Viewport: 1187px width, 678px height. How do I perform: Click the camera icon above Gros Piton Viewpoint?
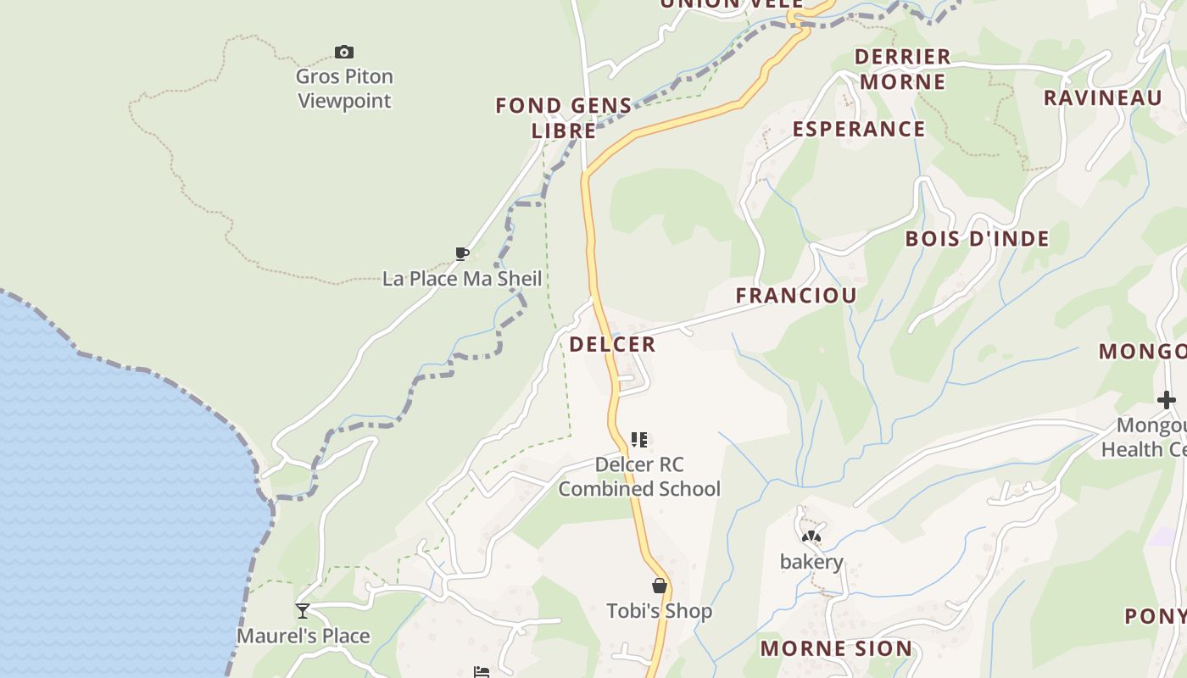(343, 53)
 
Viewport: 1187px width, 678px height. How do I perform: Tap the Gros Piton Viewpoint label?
(344, 88)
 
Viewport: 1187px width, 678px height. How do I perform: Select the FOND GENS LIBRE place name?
(564, 118)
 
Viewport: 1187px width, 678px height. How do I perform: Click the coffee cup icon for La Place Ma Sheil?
(462, 253)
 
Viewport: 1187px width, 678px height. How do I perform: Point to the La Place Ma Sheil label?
(462, 279)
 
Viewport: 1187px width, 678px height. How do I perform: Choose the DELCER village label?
(612, 344)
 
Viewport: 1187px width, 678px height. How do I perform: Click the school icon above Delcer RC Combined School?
(639, 440)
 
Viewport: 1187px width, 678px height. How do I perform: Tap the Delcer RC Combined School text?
(639, 476)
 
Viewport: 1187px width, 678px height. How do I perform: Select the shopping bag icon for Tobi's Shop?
(659, 586)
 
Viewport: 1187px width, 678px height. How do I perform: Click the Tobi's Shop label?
(659, 611)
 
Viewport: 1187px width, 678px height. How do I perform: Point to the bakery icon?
(811, 537)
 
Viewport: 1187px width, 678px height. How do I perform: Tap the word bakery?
(811, 562)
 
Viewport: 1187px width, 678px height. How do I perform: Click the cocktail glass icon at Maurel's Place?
(303, 611)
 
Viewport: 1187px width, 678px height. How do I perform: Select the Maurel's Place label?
(303, 636)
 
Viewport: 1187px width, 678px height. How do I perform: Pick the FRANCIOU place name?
(796, 296)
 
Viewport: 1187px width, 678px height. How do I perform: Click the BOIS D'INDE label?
(977, 239)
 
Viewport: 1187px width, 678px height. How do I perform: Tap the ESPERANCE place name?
(858, 129)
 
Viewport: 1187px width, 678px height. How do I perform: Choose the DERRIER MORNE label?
(901, 69)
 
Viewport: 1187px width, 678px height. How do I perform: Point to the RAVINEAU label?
(1102, 97)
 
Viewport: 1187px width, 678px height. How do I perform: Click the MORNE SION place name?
(836, 649)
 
